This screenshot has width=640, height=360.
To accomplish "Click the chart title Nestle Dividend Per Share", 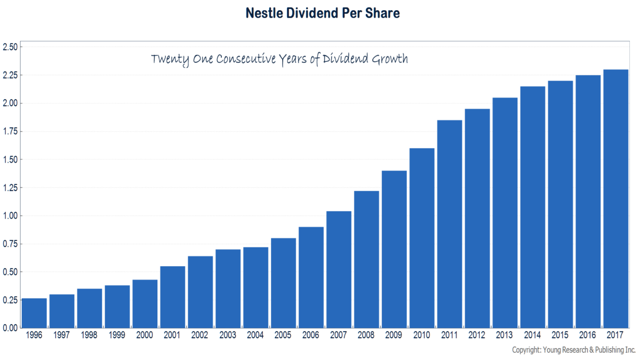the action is (x=323, y=13).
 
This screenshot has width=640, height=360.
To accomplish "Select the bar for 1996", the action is (x=34, y=313).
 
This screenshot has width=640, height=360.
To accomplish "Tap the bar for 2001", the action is (x=173, y=297).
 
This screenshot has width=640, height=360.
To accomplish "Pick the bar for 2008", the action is (x=366, y=259).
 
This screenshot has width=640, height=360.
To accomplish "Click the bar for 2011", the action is (x=450, y=224).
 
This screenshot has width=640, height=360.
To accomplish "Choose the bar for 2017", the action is (x=615, y=199).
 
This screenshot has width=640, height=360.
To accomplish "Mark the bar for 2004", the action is (x=255, y=287).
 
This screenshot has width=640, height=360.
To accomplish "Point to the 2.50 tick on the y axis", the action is (x=10, y=47).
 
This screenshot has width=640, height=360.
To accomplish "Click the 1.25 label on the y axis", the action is (x=10, y=188).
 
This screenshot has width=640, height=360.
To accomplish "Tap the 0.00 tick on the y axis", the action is (x=10, y=327).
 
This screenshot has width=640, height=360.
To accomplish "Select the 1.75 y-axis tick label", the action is (x=10, y=131).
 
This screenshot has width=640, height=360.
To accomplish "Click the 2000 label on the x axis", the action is (x=145, y=335).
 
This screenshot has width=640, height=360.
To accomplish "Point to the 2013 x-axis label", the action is (x=505, y=335).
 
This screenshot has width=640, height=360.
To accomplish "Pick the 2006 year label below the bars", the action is (x=311, y=335).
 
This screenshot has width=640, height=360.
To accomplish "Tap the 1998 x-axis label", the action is (x=89, y=335).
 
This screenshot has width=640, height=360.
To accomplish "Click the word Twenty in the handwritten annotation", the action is (x=170, y=59).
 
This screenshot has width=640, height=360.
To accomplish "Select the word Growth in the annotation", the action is (x=390, y=59).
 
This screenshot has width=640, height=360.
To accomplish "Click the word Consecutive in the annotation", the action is (x=246, y=59).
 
